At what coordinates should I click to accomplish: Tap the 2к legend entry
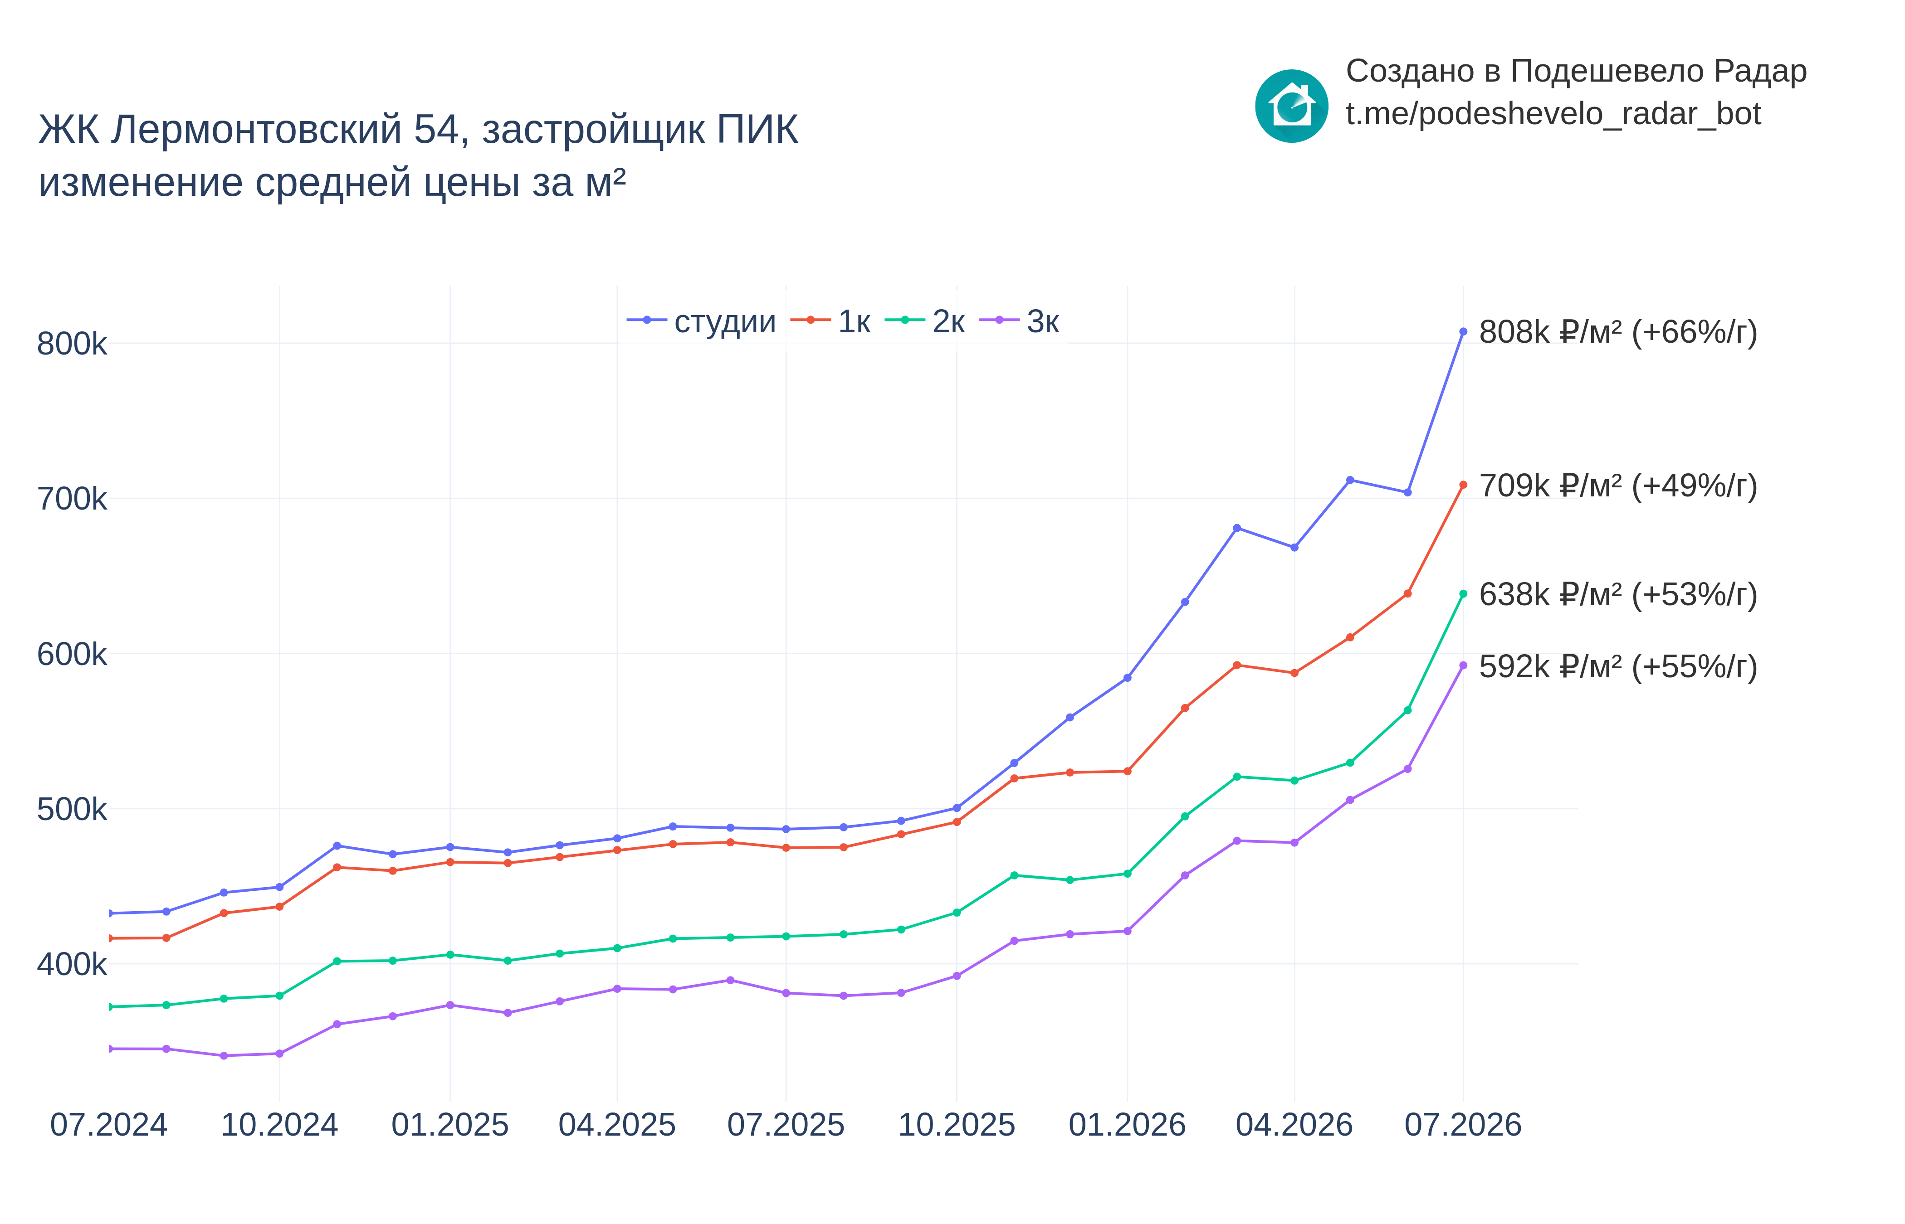pos(925,321)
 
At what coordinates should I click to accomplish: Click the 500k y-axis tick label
pos(72,809)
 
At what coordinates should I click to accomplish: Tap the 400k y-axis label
pos(72,964)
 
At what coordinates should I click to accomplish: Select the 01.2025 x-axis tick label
pos(450,1125)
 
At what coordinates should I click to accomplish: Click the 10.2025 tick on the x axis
pos(957,1125)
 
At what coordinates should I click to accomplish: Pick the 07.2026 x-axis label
pos(1463,1125)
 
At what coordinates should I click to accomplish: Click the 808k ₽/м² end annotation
pos(1618,332)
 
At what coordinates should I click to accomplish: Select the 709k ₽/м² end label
pos(1618,486)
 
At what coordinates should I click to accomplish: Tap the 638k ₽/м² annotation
pos(1618,594)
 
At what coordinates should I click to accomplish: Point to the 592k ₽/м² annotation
pos(1618,667)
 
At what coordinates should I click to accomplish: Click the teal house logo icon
pos(1291,106)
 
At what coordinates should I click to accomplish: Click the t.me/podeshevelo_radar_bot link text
pos(1553,114)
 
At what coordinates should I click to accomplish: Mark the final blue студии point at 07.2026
pos(1463,331)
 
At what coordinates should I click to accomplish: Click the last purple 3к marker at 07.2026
pos(1463,665)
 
